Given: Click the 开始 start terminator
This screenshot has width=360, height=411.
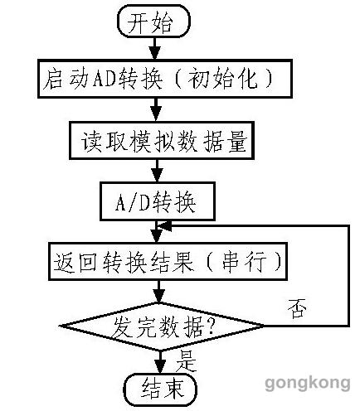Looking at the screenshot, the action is pyautogui.click(x=153, y=21).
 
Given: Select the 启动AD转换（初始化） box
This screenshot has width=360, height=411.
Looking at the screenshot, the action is pyautogui.click(x=165, y=79).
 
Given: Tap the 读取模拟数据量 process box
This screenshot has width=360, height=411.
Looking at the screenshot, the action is pyautogui.click(x=162, y=141).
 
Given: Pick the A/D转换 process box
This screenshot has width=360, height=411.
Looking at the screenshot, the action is pyautogui.click(x=158, y=201).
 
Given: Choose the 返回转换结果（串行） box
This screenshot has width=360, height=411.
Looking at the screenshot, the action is pyautogui.click(x=168, y=262).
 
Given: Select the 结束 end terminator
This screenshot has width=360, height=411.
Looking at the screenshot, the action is pyautogui.click(x=160, y=389).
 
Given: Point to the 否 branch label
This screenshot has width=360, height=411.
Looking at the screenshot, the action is pyautogui.click(x=297, y=308).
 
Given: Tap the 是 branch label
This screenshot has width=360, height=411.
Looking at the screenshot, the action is pyautogui.click(x=186, y=361).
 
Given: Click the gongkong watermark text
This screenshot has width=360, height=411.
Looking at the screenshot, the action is pyautogui.click(x=308, y=383).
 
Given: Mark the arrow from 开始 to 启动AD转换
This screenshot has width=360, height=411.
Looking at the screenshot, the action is pyautogui.click(x=155, y=48).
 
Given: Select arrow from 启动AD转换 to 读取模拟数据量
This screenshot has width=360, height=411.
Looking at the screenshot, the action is pyautogui.click(x=156, y=109).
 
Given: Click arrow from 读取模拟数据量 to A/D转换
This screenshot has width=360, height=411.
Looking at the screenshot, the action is pyautogui.click(x=158, y=171).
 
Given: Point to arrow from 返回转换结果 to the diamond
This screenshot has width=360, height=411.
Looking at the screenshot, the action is pyautogui.click(x=159, y=292).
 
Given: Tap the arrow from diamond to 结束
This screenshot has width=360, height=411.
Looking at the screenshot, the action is pyautogui.click(x=160, y=362).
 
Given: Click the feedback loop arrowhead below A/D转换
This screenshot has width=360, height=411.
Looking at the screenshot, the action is pyautogui.click(x=164, y=226).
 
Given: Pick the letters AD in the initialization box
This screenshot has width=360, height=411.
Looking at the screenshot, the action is pyautogui.click(x=104, y=78).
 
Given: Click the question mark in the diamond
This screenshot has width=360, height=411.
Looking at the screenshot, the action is pyautogui.click(x=210, y=328).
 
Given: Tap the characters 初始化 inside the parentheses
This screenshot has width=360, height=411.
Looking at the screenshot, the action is pyautogui.click(x=222, y=79).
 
